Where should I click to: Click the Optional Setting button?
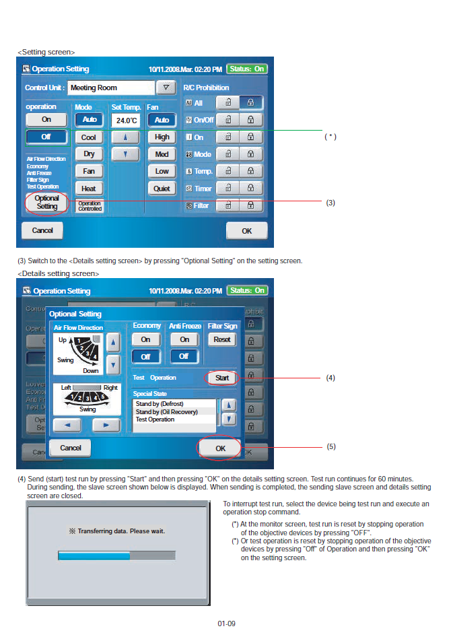click(x=46, y=203)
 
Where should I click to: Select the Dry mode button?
click(x=89, y=154)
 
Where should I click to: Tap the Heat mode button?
click(x=89, y=189)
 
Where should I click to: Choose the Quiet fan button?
click(x=162, y=189)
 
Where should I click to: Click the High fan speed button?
click(x=162, y=137)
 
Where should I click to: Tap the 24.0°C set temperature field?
click(x=127, y=121)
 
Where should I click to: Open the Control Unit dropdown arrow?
click(x=166, y=88)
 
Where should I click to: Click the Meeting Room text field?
click(x=110, y=88)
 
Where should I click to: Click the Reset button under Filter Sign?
click(x=221, y=339)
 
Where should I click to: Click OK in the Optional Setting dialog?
click(x=220, y=448)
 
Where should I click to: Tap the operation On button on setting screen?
click(x=46, y=119)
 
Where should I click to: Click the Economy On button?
click(x=145, y=339)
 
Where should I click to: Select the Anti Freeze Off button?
click(x=184, y=356)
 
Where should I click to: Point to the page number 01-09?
click(x=226, y=623)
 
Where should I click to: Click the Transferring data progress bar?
click(x=116, y=555)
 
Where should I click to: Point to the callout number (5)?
click(x=330, y=446)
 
